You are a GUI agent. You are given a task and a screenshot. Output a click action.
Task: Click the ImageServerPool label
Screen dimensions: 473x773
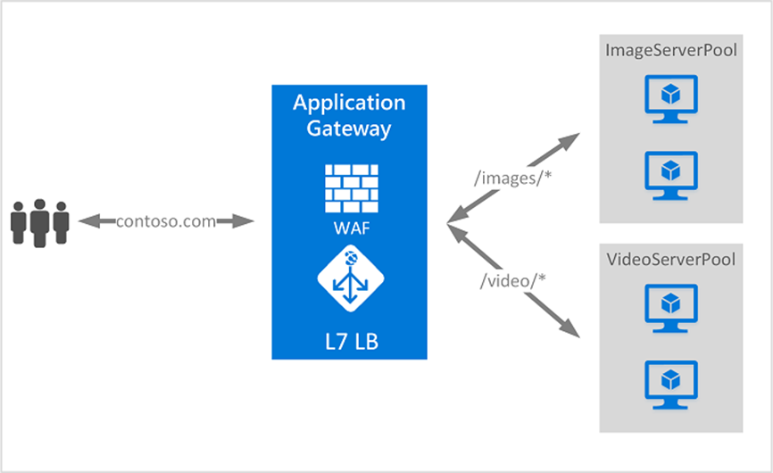(671, 50)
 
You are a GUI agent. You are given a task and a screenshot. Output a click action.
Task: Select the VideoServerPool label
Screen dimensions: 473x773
(671, 260)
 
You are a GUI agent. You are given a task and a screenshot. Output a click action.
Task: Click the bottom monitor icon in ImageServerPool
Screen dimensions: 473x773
(671, 171)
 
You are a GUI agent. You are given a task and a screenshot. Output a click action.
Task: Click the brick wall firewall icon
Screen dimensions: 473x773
(349, 187)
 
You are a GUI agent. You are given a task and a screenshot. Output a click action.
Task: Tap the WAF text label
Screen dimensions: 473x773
(349, 228)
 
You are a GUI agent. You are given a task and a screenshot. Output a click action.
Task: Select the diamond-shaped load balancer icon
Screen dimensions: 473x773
(349, 278)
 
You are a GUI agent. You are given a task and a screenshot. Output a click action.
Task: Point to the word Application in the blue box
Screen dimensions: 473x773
(349, 103)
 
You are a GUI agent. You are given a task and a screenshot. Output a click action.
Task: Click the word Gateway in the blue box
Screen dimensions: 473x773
(349, 129)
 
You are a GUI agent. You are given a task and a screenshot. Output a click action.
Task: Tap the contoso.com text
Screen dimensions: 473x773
(166, 221)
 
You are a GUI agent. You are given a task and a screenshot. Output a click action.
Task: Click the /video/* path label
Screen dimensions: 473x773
(513, 281)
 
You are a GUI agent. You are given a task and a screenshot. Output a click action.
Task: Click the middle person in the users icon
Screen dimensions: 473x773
(38, 222)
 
